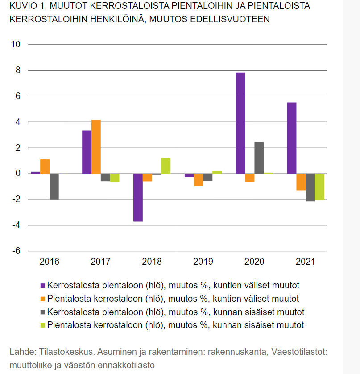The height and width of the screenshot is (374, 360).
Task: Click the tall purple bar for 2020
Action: [240, 123]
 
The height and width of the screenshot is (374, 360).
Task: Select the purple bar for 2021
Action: [292, 138]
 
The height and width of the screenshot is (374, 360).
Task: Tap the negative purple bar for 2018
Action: [138, 197]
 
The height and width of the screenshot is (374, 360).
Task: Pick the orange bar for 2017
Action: [96, 147]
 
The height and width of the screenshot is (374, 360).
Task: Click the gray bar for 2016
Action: [54, 187]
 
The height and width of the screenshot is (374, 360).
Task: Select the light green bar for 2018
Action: [166, 166]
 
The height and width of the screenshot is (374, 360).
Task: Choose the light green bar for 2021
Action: [319, 187]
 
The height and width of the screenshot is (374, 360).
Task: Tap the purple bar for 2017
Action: [87, 152]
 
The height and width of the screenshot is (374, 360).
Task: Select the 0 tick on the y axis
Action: [18, 173]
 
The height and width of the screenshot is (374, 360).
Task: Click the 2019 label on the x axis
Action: [203, 262]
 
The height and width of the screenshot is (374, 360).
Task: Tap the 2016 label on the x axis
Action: [49, 262]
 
